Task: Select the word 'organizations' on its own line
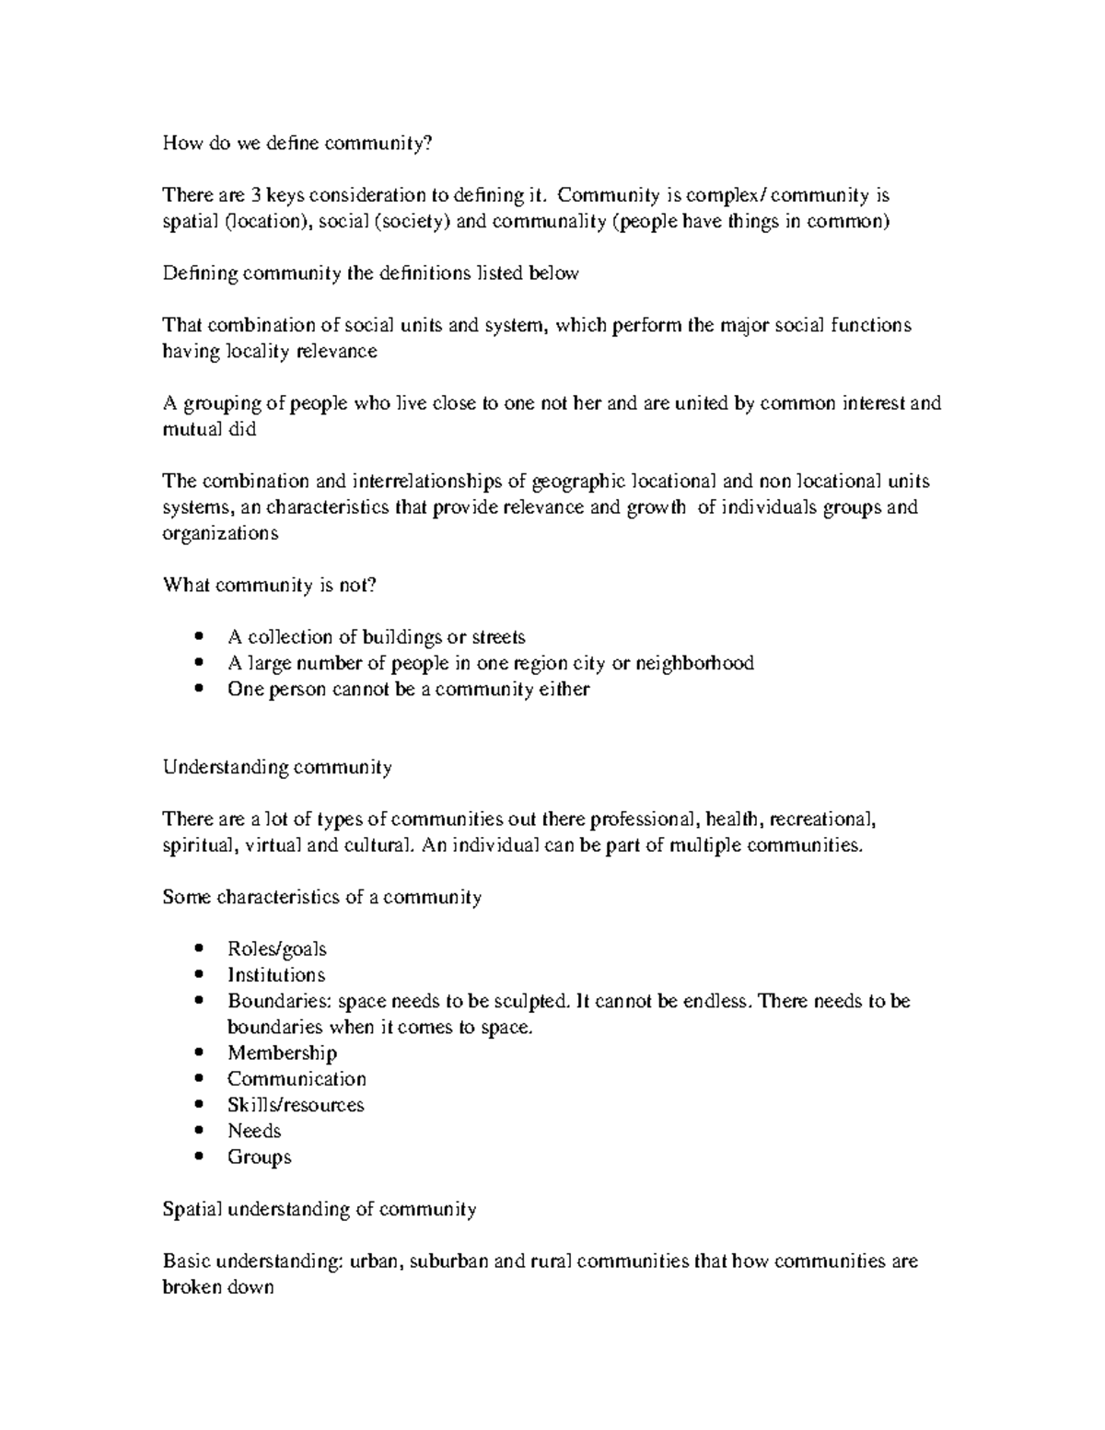pyautogui.click(x=220, y=534)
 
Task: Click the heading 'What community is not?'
pyautogui.click(x=270, y=586)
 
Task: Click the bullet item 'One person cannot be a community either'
pyautogui.click(x=408, y=690)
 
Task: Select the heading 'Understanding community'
pyautogui.click(x=277, y=768)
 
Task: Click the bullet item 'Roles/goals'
pyautogui.click(x=276, y=949)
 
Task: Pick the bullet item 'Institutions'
pyautogui.click(x=276, y=975)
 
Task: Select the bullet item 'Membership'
pyautogui.click(x=282, y=1052)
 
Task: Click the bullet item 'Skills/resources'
pyautogui.click(x=296, y=1105)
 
